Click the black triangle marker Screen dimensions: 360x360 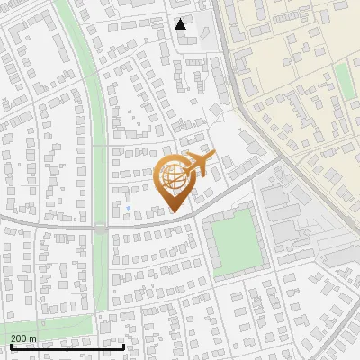coord(181,25)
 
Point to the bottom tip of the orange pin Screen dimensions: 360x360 coord(174,211)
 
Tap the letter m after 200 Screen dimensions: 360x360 coord(33,338)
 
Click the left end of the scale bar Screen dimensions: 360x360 coord(10,346)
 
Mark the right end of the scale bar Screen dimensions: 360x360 coord(123,346)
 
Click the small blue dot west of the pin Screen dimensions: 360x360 coord(129,208)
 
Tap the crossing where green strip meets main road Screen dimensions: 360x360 coord(102,229)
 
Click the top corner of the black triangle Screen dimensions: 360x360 coord(181,20)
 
